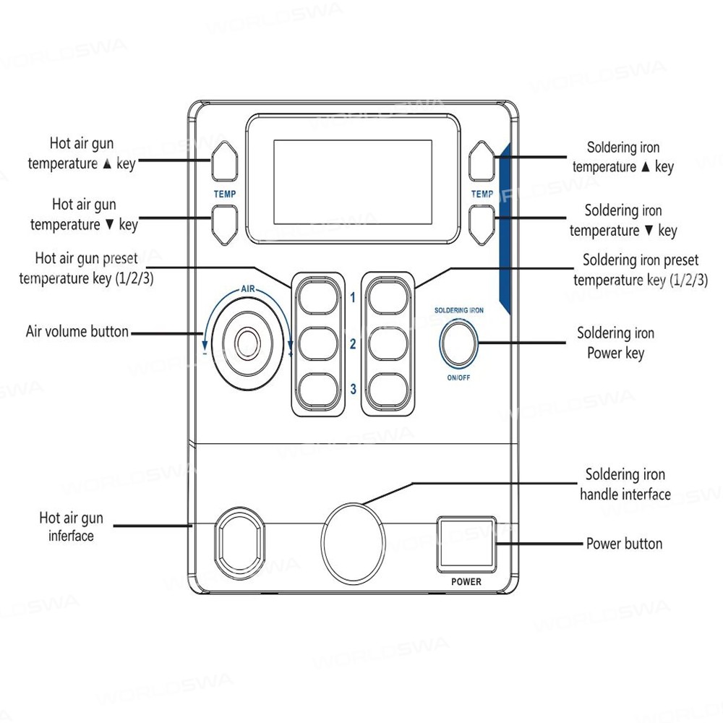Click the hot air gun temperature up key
pyautogui.click(x=224, y=161)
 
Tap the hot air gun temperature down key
pyautogui.click(x=224, y=223)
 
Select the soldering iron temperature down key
pyautogui.click(x=482, y=223)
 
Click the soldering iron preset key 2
pyautogui.click(x=388, y=343)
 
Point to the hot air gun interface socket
pyautogui.click(x=239, y=544)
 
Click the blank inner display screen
pyautogui.click(x=353, y=181)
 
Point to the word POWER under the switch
pyautogui.click(x=466, y=581)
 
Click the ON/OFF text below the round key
pyautogui.click(x=458, y=377)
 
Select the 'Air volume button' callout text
pyautogui.click(x=77, y=333)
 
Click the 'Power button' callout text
pyautogui.click(x=624, y=544)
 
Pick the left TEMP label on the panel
pyautogui.click(x=224, y=194)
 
